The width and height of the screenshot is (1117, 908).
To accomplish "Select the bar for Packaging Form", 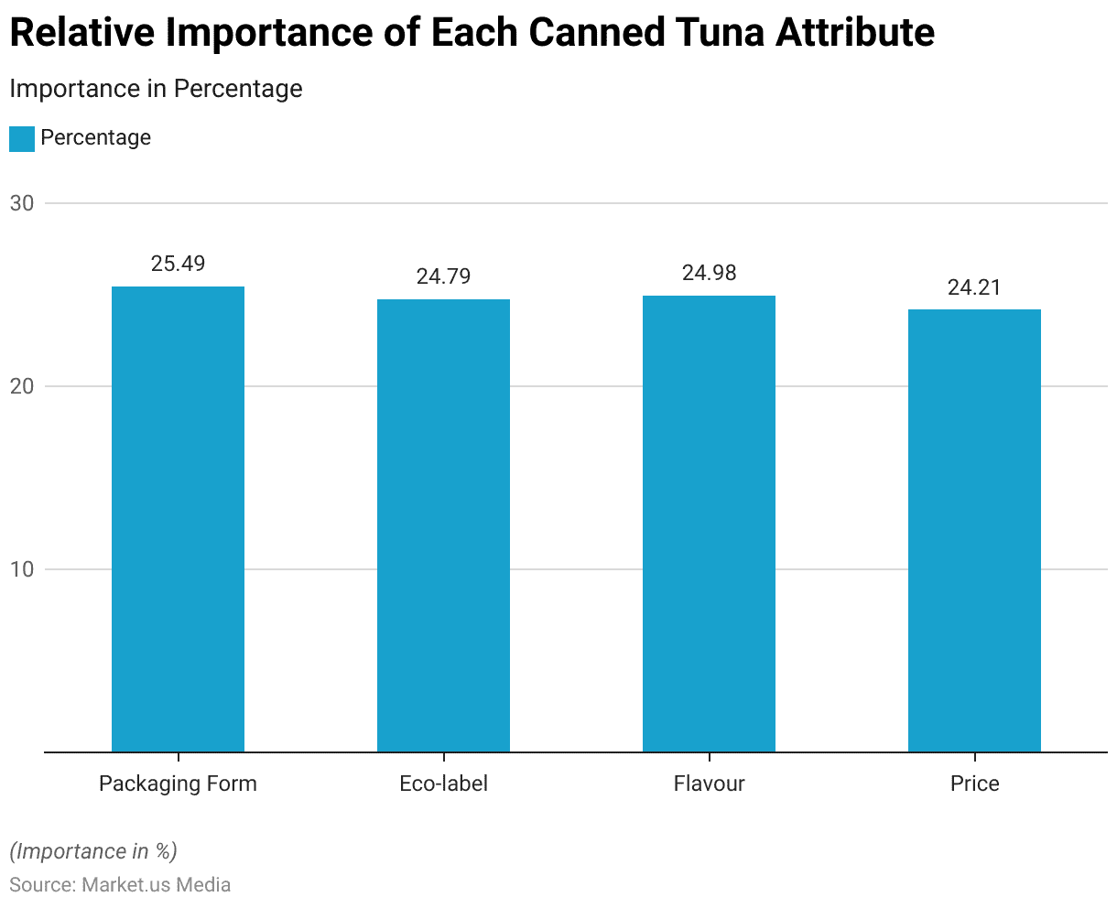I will point(178,519).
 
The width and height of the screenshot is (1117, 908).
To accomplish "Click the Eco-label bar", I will point(443,525).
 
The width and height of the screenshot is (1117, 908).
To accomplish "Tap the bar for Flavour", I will point(709,524).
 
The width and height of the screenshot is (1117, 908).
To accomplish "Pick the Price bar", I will point(974,531).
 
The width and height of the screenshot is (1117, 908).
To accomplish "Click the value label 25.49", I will point(178,264).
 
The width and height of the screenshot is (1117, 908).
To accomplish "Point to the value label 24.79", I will point(443,276).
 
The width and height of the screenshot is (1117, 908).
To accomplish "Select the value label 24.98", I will point(709,273).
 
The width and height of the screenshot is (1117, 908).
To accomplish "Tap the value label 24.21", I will point(974,287).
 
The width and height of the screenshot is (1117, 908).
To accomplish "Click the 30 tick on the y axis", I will point(22,203).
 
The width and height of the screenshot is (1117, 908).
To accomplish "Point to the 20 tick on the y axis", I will point(22,386).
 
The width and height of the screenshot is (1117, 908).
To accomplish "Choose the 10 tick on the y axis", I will point(22,569).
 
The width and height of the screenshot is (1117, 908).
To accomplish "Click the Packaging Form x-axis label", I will point(178,784).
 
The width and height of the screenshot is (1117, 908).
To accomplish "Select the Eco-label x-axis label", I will point(443,784).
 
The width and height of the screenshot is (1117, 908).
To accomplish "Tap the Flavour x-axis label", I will point(709,784).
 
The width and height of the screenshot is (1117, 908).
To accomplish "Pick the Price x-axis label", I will point(974,784).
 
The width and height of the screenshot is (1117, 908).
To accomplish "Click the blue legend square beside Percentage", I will point(22,138).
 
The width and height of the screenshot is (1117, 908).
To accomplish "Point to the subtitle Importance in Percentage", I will point(156,89).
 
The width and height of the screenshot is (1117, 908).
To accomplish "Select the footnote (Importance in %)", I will point(93,851).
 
